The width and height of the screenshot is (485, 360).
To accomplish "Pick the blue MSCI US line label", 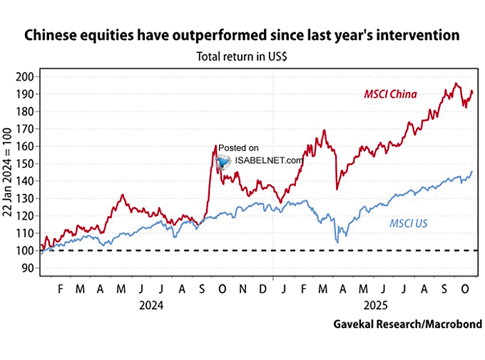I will [x=408, y=224].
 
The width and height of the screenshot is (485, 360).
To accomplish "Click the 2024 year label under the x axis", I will [x=152, y=304].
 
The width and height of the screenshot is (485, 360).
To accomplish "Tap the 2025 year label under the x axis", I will [x=372, y=304].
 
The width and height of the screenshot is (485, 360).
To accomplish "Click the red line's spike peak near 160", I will [x=215, y=146].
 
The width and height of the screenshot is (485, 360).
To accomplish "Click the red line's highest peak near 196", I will [x=456, y=83].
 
